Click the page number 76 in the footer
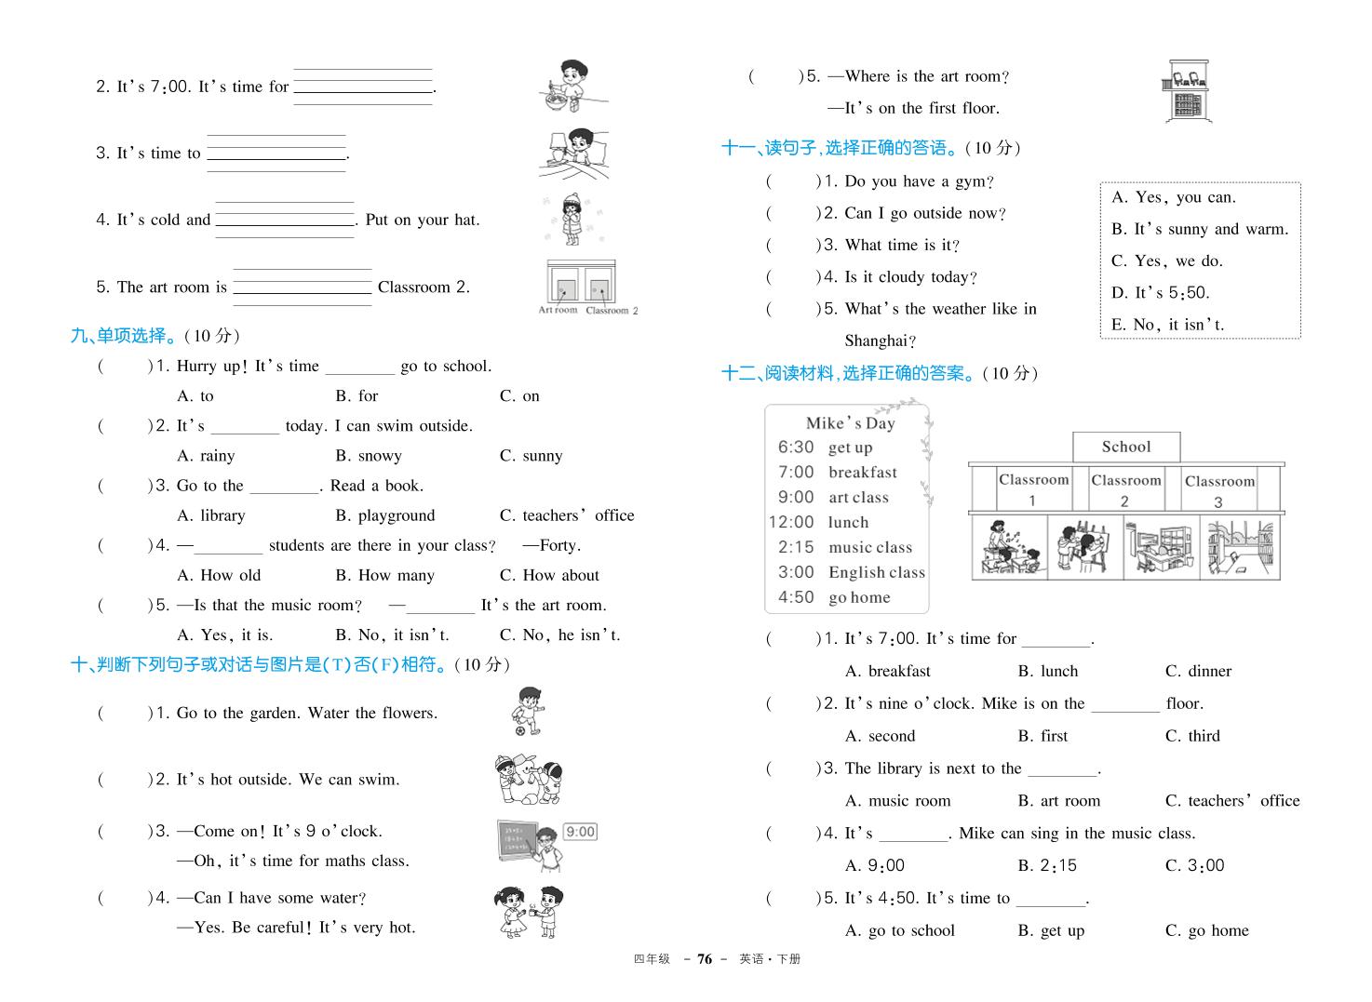pos(705,959)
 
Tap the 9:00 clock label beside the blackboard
pos(580,832)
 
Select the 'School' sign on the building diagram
pos(1126,447)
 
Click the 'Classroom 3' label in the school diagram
pos(1219,490)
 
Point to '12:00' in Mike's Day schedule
pos(791,523)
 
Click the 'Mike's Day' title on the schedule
pos(850,423)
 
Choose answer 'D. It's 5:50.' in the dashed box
pos(1161,293)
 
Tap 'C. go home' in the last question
pos(1206,930)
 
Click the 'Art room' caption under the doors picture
pos(558,310)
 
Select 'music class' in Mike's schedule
pos(870,548)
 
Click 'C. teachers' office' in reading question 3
pos(1231,800)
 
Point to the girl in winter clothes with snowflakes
pos(571,220)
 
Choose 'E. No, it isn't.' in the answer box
pos(1167,325)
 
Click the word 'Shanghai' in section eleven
pos(880,341)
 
